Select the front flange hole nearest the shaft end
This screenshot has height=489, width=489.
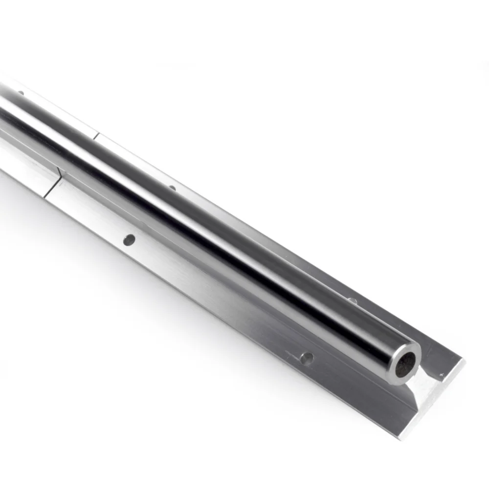tap(307, 358)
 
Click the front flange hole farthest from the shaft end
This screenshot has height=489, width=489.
tap(129, 240)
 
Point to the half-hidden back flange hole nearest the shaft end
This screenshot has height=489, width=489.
tap(351, 300)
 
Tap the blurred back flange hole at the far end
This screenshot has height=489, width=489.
tap(21, 92)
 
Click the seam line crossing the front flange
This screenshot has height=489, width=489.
tap(53, 188)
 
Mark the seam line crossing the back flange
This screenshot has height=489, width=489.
tap(96, 135)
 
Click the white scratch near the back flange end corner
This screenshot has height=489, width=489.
tap(443, 375)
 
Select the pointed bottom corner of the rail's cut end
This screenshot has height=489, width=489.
tap(402, 437)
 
